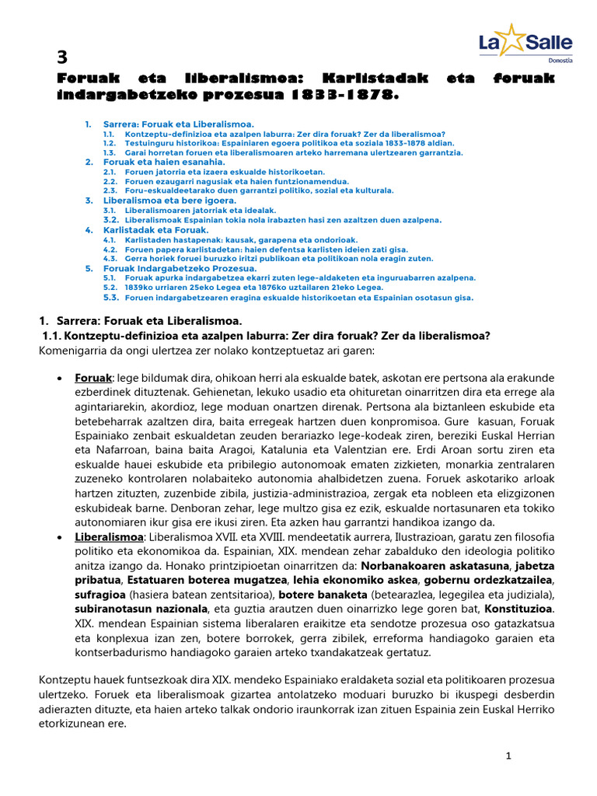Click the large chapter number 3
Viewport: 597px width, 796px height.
tap(64, 57)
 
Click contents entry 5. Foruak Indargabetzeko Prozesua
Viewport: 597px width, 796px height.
tap(180, 268)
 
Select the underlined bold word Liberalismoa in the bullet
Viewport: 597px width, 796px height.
tap(110, 537)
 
